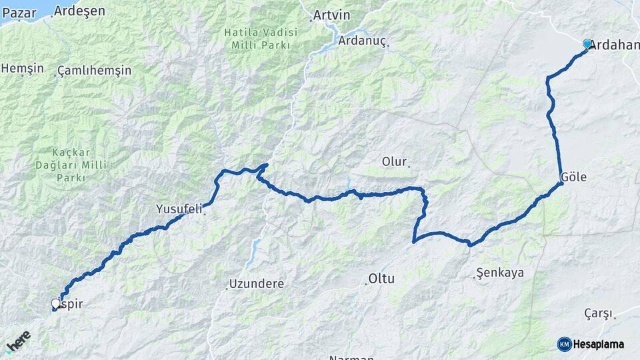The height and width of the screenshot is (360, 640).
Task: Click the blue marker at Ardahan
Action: click(587, 44)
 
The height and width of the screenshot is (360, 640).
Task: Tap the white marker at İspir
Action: click(56, 304)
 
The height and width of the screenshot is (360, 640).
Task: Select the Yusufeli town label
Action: click(179, 209)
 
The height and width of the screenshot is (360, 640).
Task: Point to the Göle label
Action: click(574, 177)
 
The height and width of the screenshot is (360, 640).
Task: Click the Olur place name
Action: click(393, 161)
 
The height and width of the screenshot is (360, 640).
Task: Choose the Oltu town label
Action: click(381, 279)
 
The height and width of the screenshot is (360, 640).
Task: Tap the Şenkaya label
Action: click(501, 273)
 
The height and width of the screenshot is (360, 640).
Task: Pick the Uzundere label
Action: click(256, 283)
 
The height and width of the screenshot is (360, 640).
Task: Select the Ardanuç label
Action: click(362, 41)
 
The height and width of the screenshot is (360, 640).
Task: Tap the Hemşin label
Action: click(23, 69)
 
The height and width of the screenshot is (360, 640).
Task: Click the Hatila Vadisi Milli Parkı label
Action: click(257, 38)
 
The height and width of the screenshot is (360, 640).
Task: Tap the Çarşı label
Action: click(598, 313)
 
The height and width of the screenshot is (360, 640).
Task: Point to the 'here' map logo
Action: click(18, 341)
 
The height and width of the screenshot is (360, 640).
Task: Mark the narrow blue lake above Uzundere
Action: click(254, 250)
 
